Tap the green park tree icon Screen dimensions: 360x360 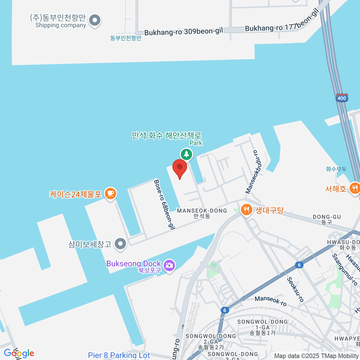tap(187, 154)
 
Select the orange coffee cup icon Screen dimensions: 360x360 tap(110, 193)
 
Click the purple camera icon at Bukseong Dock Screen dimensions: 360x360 tap(169, 265)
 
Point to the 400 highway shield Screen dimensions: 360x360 tap(341, 98)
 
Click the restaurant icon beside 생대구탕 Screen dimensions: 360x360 tap(247, 210)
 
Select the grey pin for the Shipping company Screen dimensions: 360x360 tap(95, 21)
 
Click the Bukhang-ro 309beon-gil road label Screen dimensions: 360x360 tap(184, 31)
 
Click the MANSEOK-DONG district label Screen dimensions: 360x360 tap(202, 211)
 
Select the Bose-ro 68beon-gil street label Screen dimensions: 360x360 tap(164, 205)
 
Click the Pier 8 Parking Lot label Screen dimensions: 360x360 tap(119, 355)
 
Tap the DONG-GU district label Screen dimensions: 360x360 tap(327, 217)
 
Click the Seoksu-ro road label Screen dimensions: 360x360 tap(295, 289)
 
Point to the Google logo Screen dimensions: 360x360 tap(19, 353)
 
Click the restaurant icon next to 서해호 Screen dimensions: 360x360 tap(355, 188)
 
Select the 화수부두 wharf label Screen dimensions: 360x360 tap(336, 169)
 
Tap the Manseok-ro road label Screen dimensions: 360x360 tap(271, 301)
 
